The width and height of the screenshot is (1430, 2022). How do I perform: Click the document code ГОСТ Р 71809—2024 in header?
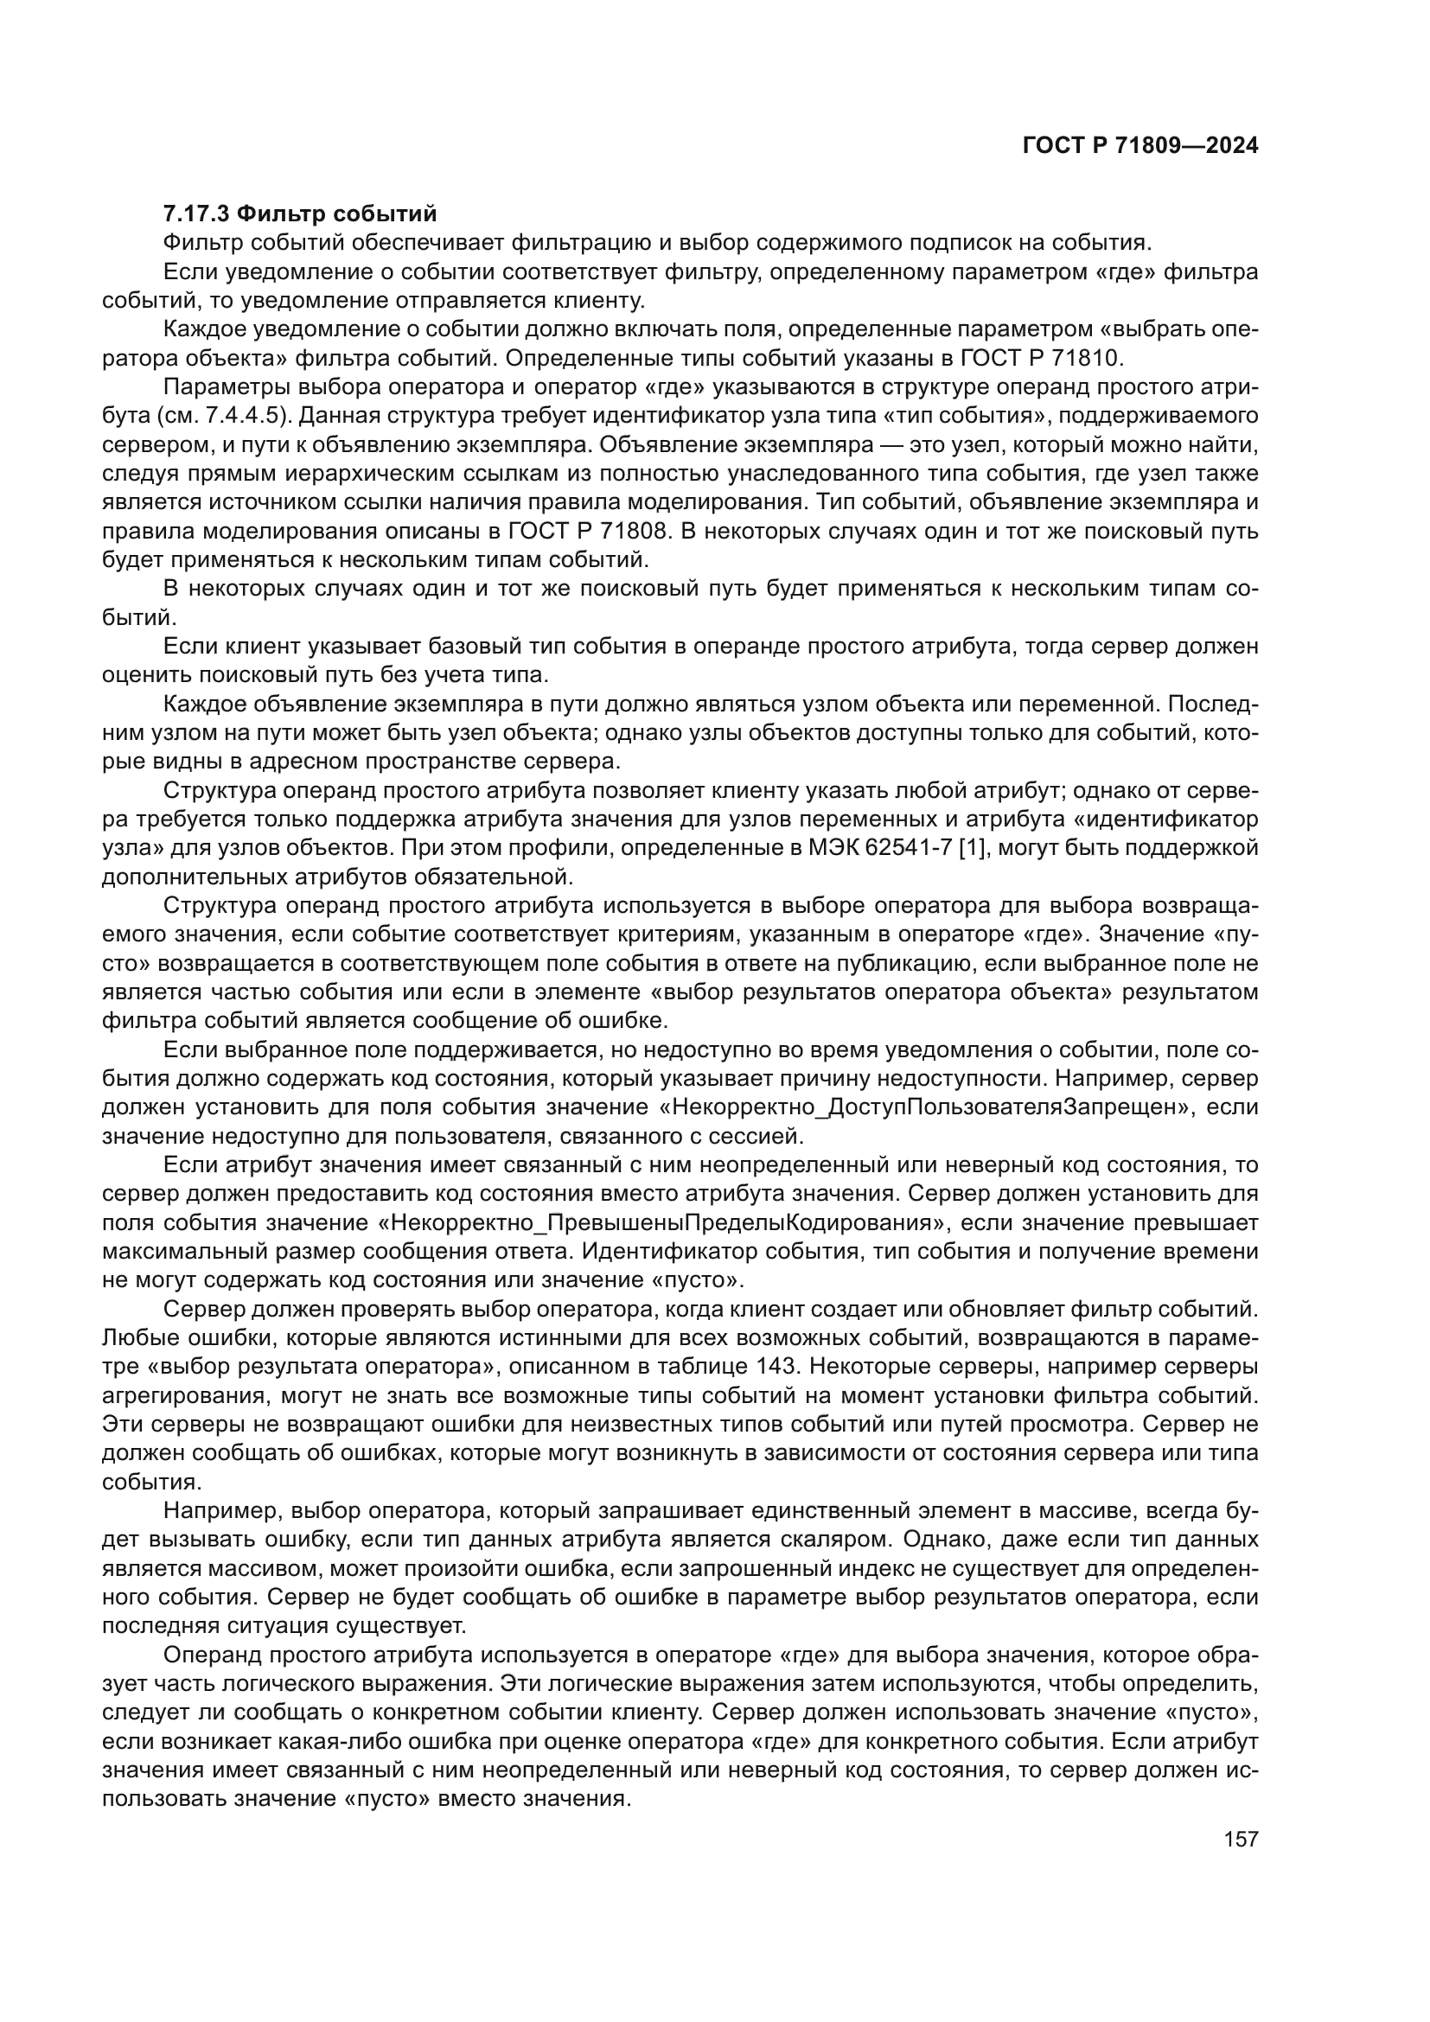tap(1140, 146)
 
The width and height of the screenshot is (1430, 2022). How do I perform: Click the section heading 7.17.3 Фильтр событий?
tap(300, 214)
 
